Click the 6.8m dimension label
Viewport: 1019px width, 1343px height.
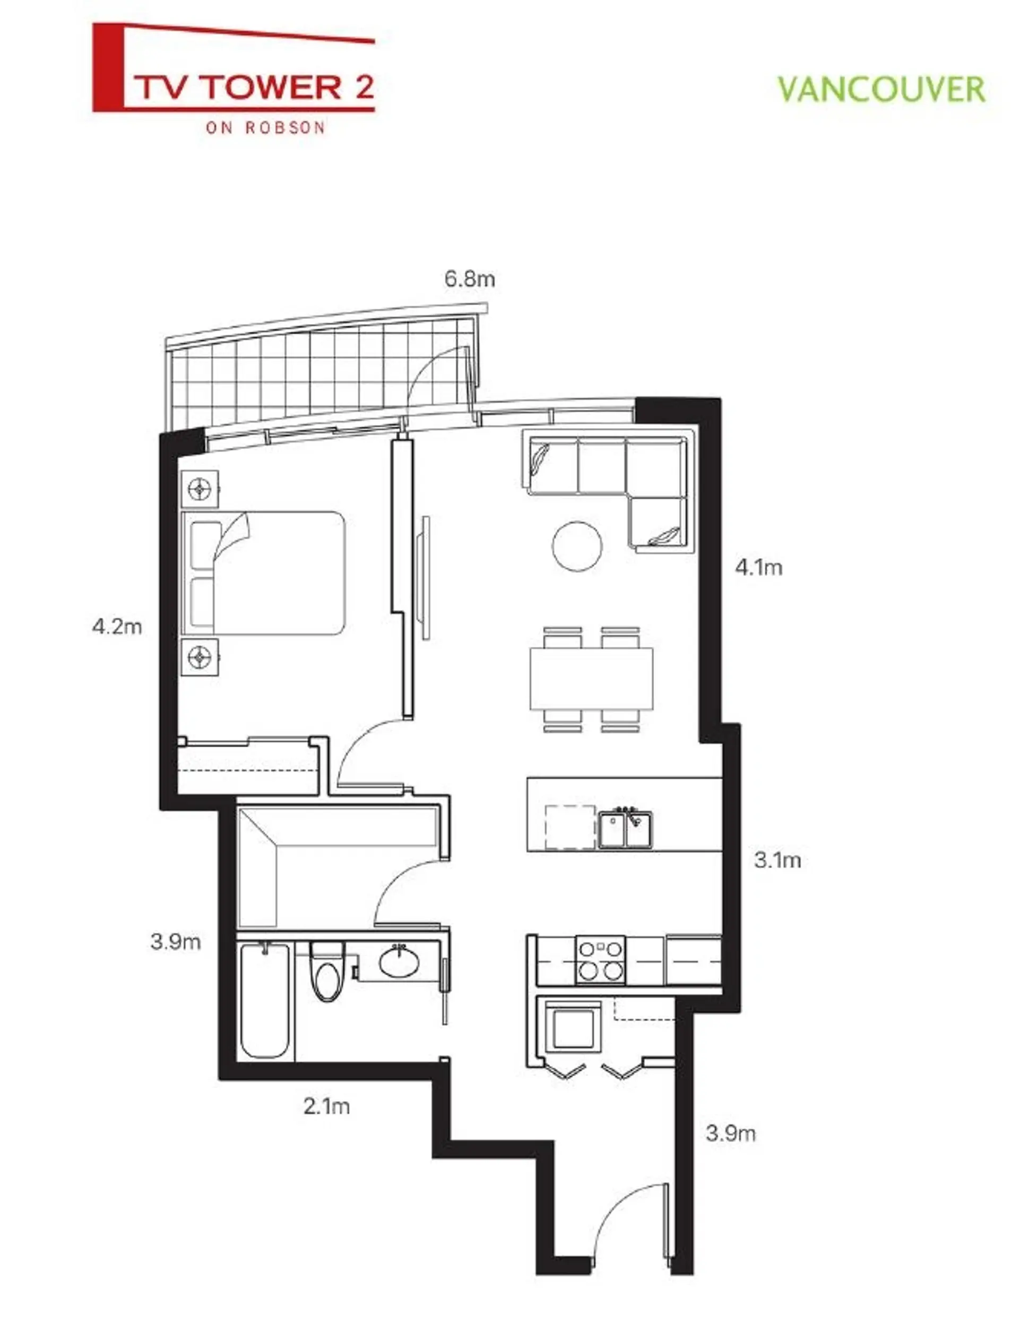coord(469,279)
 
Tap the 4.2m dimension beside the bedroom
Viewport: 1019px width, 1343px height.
coord(117,626)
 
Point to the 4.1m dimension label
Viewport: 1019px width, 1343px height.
coord(758,568)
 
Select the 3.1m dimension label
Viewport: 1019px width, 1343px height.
coord(778,860)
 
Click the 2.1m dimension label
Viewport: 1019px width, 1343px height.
coord(327,1106)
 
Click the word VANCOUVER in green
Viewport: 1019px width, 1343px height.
coord(881,90)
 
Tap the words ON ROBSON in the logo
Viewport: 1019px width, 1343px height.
coord(265,127)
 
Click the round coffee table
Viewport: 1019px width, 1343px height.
coord(577,546)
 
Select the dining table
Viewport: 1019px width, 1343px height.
coord(591,679)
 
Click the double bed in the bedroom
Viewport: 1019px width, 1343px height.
coord(264,573)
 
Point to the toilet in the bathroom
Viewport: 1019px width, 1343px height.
coord(327,972)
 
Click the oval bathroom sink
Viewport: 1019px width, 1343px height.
coord(399,961)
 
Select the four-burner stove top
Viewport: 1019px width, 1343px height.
coord(600,960)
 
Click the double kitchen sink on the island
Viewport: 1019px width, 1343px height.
coord(625,829)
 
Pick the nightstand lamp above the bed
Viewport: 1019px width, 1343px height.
coord(200,489)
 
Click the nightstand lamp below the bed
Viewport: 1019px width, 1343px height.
coord(200,656)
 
